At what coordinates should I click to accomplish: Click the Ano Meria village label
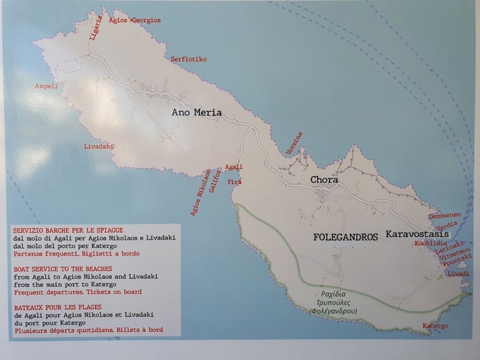[196, 112]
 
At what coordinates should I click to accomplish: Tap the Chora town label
[324, 180]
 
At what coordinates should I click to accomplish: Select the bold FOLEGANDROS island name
[345, 237]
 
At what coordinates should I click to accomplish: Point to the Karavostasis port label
[417, 234]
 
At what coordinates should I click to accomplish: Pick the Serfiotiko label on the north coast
[188, 60]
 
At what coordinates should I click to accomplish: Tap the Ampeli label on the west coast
[46, 86]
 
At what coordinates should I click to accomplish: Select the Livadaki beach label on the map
[99, 146]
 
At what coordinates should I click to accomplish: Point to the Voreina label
[294, 143]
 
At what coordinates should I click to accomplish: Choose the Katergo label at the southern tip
[435, 326]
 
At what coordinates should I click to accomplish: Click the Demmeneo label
[444, 216]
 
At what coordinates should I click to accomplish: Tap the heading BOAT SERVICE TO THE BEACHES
[62, 269]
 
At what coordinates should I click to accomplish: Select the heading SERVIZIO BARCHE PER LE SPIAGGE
[68, 230]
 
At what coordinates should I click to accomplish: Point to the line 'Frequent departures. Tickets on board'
[77, 292]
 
